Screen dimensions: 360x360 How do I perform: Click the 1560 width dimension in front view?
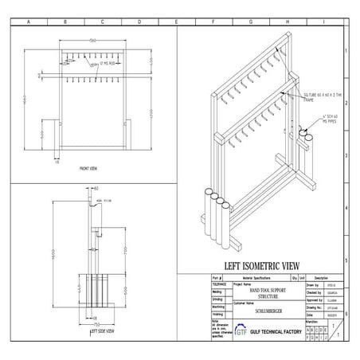92,40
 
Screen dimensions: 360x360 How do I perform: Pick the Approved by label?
311,299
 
